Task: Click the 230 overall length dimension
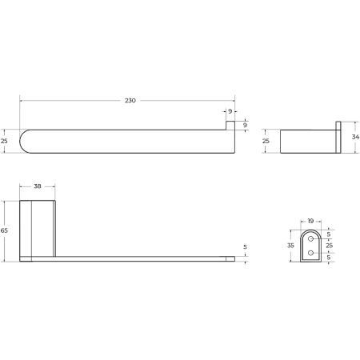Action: point(130,101)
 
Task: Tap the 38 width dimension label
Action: point(37,186)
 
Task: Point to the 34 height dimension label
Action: point(354,136)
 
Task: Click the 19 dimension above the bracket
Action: point(311,221)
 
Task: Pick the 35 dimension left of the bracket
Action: point(291,246)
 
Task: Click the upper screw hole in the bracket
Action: point(311,239)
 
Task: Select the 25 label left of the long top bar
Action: point(5,141)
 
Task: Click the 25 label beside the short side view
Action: point(267,141)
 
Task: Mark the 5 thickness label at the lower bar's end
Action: point(246,247)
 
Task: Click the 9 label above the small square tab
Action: point(230,111)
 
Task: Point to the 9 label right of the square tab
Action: point(246,125)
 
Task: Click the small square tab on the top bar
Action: point(230,126)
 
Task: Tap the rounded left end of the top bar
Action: point(26,141)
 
